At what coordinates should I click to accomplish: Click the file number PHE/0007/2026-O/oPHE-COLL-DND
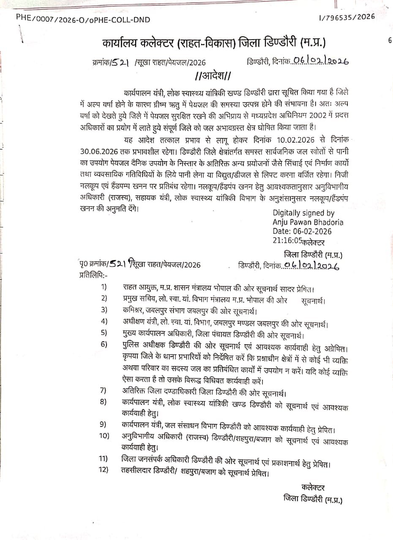coord(83,19)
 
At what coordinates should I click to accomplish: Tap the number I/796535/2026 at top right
coord(347,17)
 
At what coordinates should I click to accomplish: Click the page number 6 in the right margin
coord(389,40)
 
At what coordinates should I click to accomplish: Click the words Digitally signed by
coord(303,213)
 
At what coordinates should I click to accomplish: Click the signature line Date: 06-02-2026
coord(302,231)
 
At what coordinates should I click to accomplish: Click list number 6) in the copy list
coord(104,343)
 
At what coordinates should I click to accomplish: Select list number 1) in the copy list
coord(104,288)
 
